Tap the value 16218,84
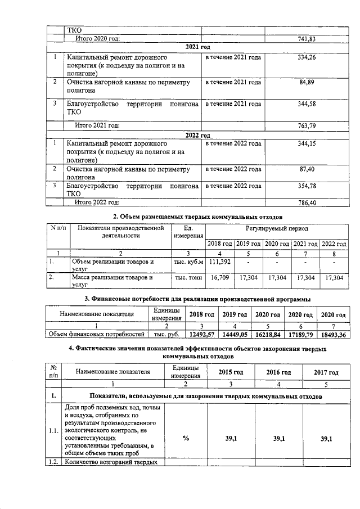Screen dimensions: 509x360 coord(267,334)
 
